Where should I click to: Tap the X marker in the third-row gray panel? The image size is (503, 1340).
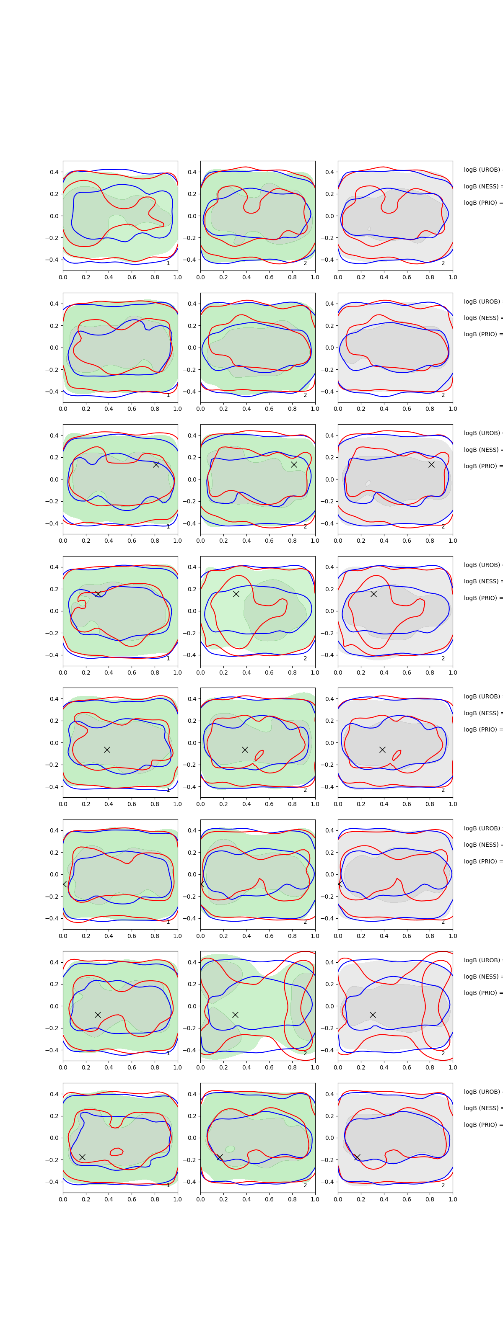431,464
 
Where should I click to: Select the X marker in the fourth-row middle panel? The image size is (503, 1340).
236,593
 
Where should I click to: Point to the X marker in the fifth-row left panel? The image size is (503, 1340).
107,750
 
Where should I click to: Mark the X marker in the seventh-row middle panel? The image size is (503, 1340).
235,1014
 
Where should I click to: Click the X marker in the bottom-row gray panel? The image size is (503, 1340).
357,1157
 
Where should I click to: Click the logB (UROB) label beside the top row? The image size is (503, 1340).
482,170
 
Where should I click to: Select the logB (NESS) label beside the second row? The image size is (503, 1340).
482,318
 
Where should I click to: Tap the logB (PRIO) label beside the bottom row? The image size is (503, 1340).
482,1125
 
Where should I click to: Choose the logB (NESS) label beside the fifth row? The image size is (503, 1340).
482,713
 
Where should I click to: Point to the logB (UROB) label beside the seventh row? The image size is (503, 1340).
482,960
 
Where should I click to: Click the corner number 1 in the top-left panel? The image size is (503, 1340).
168,263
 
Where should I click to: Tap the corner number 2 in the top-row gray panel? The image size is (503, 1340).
443,263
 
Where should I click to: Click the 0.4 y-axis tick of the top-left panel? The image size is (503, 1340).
54,172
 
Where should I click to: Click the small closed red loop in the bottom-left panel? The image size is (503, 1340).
117,1152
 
